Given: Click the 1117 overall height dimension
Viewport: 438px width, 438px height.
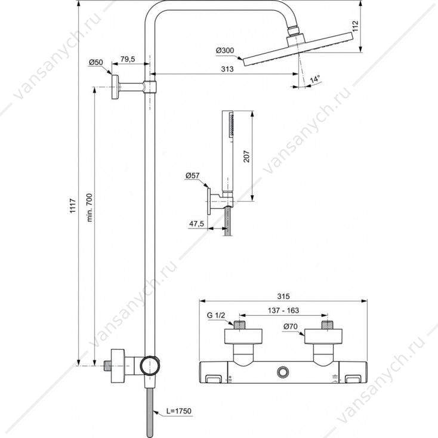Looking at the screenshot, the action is pyautogui.click(x=73, y=206).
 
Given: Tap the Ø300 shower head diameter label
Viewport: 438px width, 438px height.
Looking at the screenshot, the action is pyautogui.click(x=225, y=51).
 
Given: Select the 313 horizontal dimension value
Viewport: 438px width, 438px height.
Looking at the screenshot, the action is pyautogui.click(x=227, y=69).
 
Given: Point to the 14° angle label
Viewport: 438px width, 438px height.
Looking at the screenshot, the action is pyautogui.click(x=314, y=79).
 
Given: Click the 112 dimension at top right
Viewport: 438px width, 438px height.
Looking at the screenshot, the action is pyautogui.click(x=355, y=26).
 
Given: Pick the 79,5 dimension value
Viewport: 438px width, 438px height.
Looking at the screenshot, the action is pyautogui.click(x=128, y=59).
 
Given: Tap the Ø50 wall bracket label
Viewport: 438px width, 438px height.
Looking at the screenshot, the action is pyautogui.click(x=96, y=62).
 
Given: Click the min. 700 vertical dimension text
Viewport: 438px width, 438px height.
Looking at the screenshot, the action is pyautogui.click(x=90, y=203).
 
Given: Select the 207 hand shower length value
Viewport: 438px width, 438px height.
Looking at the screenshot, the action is pyautogui.click(x=246, y=156).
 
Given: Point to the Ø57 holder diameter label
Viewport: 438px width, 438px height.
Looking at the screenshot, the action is pyautogui.click(x=193, y=175).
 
